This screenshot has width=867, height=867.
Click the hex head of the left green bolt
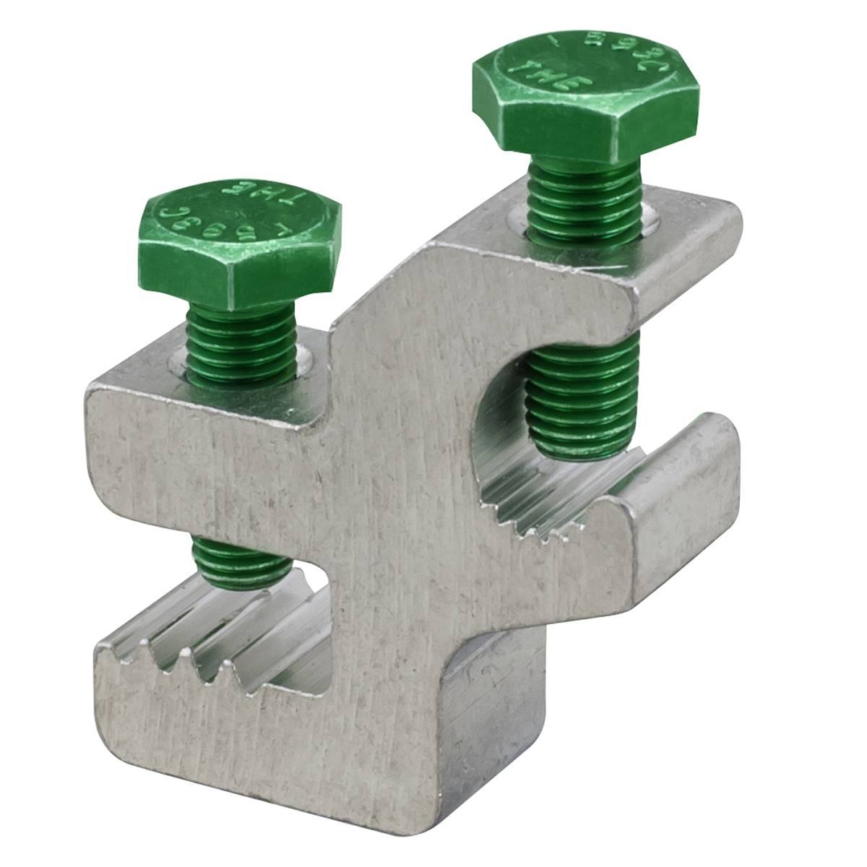pyautogui.click(x=238, y=238)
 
